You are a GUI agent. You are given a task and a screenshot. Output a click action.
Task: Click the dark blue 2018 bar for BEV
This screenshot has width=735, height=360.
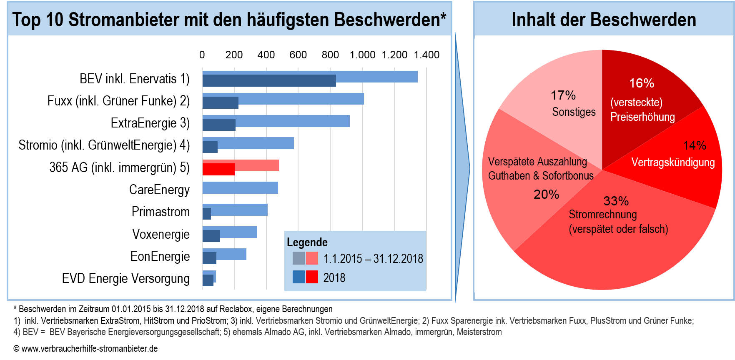tap(269, 81)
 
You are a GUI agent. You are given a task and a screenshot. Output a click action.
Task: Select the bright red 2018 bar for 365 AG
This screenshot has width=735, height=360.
tap(218, 169)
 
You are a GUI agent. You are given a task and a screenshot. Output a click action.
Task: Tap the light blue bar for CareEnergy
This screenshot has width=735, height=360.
tap(240, 188)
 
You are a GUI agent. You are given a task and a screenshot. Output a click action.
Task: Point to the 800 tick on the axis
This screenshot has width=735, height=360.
tap(330, 55)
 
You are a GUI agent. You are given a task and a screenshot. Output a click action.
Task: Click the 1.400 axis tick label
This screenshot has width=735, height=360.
tap(426, 55)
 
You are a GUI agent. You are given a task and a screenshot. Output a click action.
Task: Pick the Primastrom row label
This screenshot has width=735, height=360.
tap(161, 212)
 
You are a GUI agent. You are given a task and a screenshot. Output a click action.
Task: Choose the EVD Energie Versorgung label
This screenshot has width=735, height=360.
tap(125, 278)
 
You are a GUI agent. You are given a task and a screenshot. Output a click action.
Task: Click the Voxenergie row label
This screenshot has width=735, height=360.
tap(161, 234)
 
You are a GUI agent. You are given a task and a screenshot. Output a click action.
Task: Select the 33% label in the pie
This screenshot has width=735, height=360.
tap(616, 201)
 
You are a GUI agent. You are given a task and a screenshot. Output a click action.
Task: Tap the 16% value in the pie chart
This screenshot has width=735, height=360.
tap(641, 83)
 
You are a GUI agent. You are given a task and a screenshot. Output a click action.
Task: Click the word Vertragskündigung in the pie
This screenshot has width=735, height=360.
tap(673, 162)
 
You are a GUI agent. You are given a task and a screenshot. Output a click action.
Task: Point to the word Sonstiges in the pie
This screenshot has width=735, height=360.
tap(574, 112)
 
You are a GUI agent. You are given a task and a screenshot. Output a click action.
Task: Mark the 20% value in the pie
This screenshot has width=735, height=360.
tap(546, 194)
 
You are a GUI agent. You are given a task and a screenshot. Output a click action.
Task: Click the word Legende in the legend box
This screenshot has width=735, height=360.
tap(307, 242)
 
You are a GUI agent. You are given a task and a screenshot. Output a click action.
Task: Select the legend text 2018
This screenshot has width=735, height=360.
tap(334, 278)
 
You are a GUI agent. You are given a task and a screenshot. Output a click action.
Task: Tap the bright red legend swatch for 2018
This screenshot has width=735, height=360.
tap(312, 277)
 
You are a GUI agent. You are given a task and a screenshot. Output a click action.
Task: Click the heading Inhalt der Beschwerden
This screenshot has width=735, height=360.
tap(604, 20)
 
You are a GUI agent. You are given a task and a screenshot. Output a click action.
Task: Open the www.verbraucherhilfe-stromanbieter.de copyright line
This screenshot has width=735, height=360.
tap(85, 349)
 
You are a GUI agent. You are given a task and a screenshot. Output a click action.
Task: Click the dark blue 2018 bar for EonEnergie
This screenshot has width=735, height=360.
tap(209, 258)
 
